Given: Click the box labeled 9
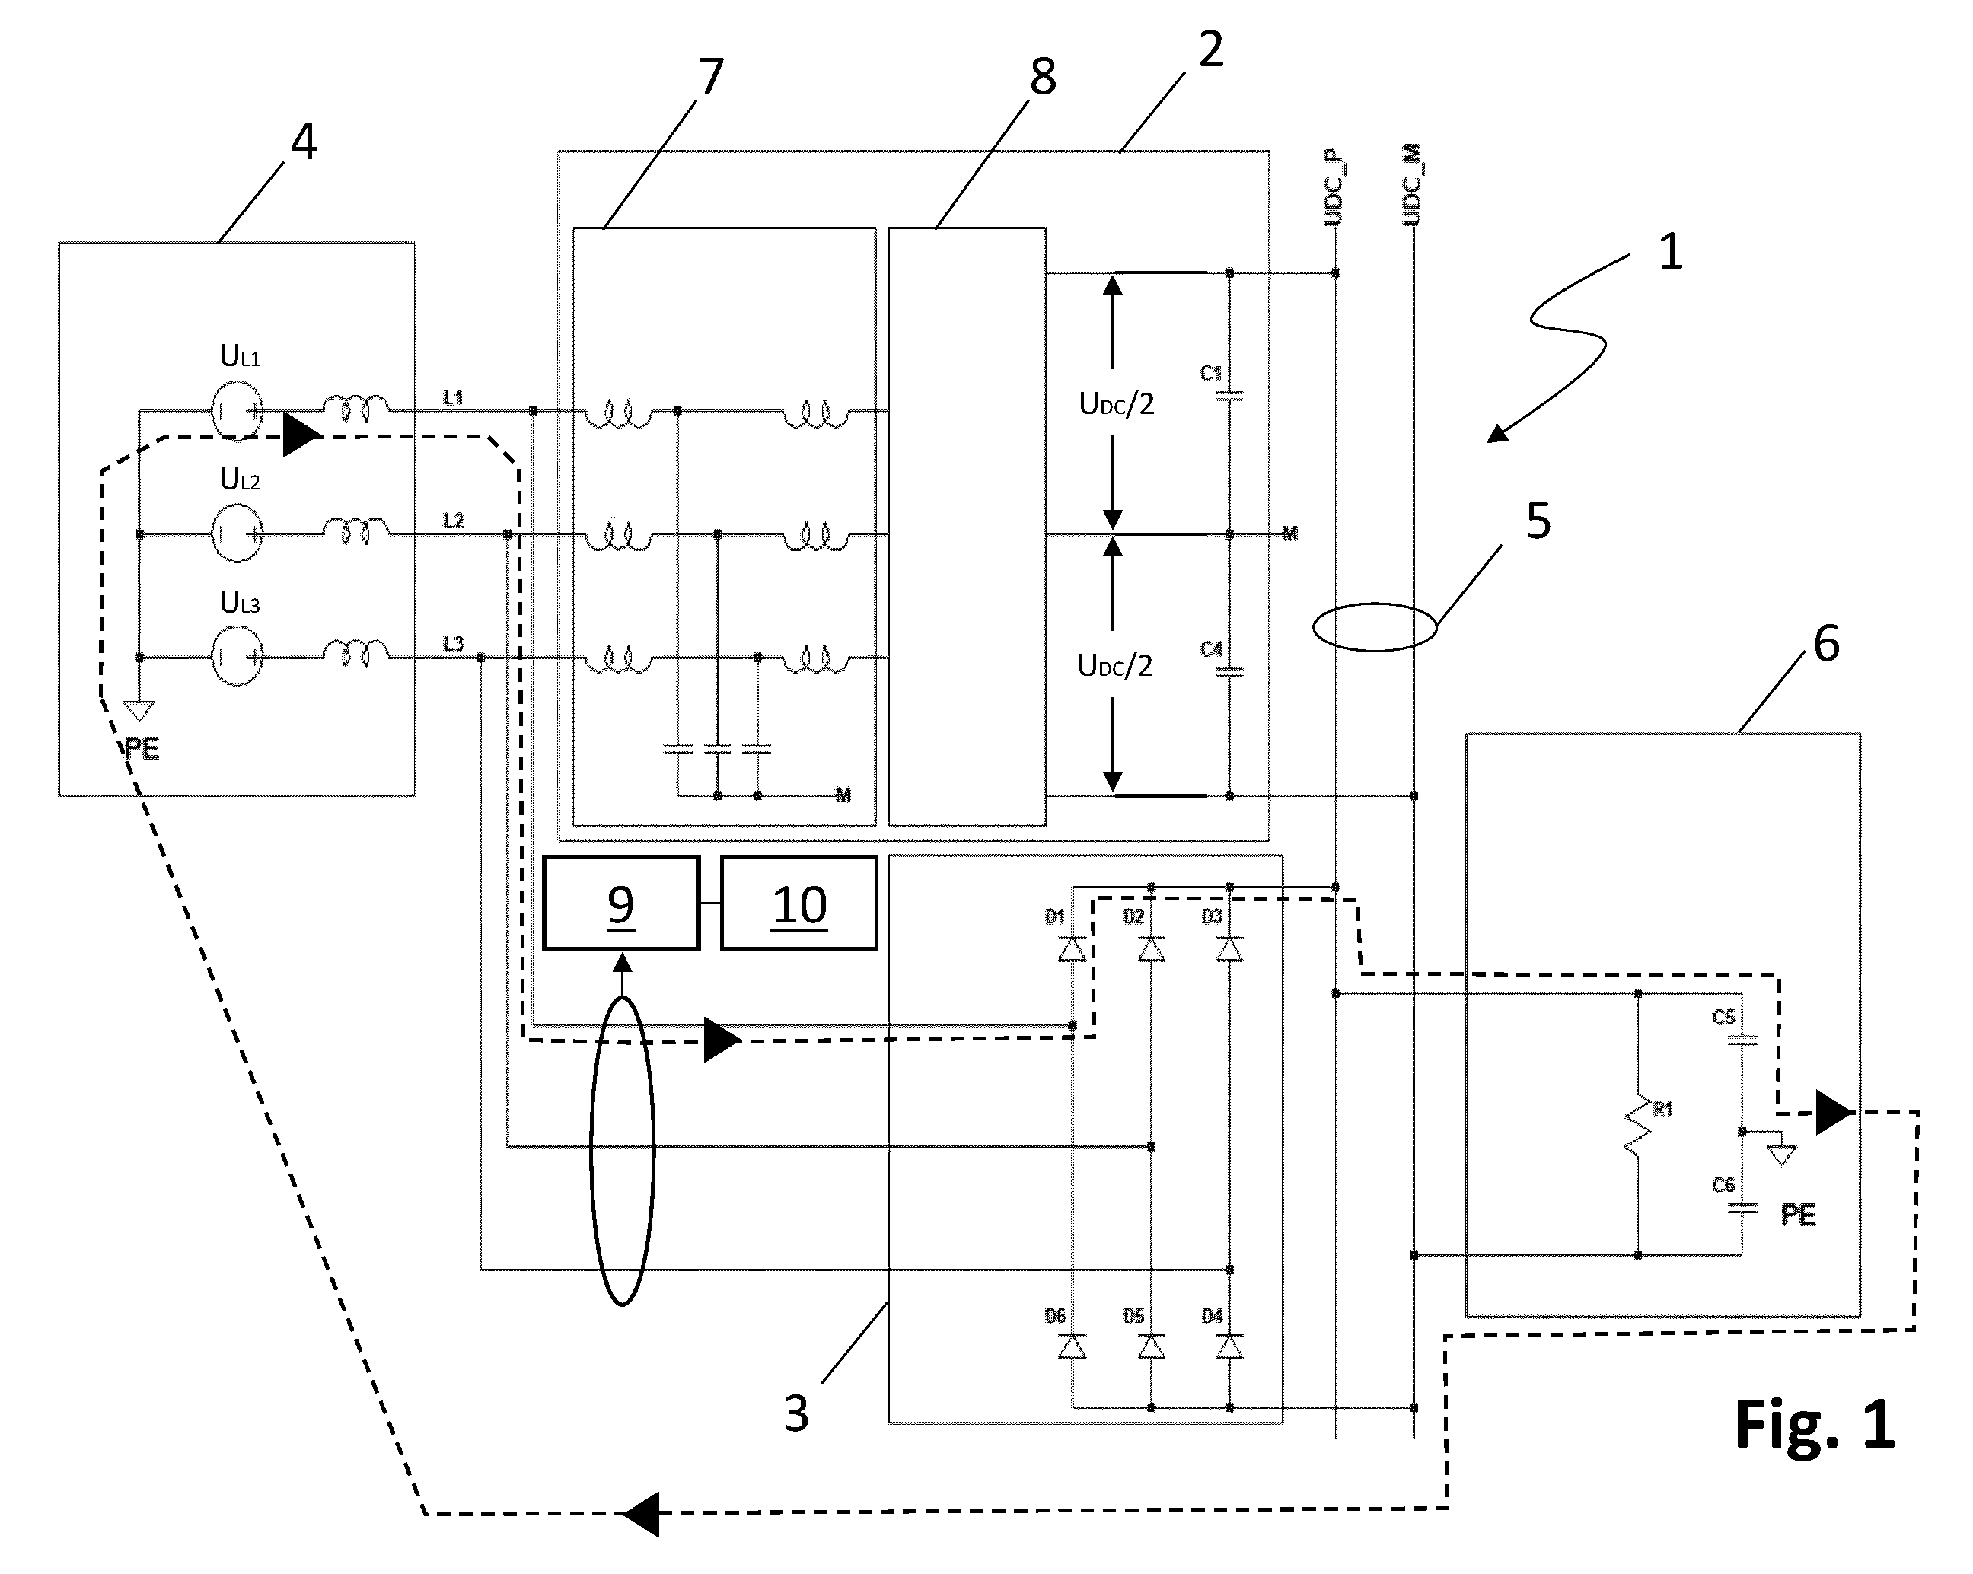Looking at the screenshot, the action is pos(620,903).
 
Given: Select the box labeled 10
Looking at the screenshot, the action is pos(799,903).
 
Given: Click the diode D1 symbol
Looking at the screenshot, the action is pos(1073,949).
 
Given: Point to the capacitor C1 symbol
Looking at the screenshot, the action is pos(1229,397).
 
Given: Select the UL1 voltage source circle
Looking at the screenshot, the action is pos(237,411).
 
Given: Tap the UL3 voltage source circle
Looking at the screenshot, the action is pos(237,657).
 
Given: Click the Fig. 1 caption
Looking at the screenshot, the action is pos(1814,1425).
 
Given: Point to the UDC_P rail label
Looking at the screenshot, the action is pos(1334,186).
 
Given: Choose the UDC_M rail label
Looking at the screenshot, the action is pos(1412,185).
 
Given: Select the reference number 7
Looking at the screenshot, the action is pos(711,76).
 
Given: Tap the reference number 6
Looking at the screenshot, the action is pos(1827,644).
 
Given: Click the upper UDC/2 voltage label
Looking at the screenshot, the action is pos(1117,403).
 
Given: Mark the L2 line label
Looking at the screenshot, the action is pos(453,521).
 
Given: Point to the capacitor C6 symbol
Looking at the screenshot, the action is pos(1742,1208).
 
